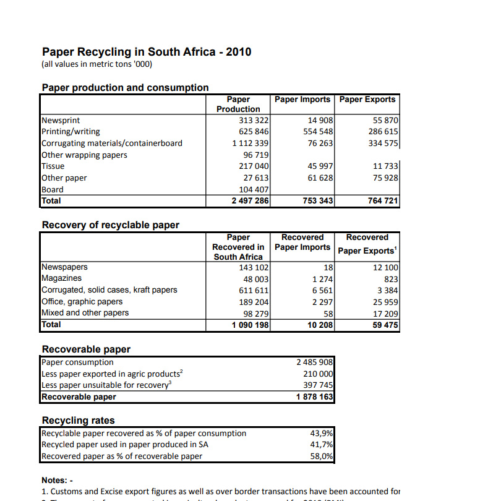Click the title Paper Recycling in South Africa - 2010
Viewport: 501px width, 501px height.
[x=147, y=52]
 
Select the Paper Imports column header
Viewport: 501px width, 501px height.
[x=303, y=100]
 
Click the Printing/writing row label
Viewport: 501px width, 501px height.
[x=71, y=131]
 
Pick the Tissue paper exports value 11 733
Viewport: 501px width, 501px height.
[x=385, y=166]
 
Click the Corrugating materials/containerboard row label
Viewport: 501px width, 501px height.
[x=112, y=143]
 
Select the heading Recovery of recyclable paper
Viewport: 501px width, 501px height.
[x=110, y=225]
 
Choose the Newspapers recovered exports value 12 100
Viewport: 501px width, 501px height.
[x=385, y=267]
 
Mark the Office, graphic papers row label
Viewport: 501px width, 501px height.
[x=82, y=301]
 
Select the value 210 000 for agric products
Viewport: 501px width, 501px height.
[x=319, y=374]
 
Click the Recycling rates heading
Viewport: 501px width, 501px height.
[x=78, y=421]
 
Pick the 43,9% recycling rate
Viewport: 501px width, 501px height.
[x=322, y=433]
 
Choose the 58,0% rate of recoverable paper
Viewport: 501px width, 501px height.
[x=322, y=456]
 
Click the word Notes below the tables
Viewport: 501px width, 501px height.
[x=54, y=480]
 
